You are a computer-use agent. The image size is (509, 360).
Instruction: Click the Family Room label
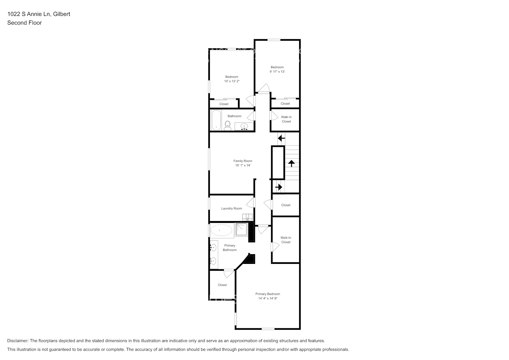click(x=243, y=161)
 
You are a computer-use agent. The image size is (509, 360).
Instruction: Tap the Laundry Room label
click(x=231, y=208)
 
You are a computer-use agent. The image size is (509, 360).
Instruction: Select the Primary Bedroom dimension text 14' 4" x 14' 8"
click(x=267, y=298)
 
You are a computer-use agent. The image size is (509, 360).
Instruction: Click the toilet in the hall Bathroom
click(x=228, y=125)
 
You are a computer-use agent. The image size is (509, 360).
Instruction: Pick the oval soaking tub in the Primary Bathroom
click(x=221, y=230)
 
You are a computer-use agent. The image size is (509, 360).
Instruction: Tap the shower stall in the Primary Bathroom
click(x=241, y=230)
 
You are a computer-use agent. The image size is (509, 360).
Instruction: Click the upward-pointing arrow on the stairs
click(x=291, y=163)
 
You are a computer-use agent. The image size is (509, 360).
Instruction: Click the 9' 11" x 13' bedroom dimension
click(x=277, y=72)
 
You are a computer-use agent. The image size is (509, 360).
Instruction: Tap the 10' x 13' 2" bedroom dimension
click(x=232, y=81)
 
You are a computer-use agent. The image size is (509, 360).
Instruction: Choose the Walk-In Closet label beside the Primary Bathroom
click(x=286, y=240)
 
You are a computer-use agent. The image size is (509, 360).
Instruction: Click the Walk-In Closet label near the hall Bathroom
click(x=286, y=119)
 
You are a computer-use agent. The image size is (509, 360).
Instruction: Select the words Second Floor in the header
click(x=24, y=23)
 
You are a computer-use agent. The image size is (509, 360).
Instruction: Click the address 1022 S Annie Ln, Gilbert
click(x=39, y=14)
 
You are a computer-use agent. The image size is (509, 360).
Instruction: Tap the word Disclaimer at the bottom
click(x=18, y=341)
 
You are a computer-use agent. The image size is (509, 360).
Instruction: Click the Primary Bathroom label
click(x=230, y=248)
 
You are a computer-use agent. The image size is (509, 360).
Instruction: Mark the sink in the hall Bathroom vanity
click(x=244, y=127)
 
